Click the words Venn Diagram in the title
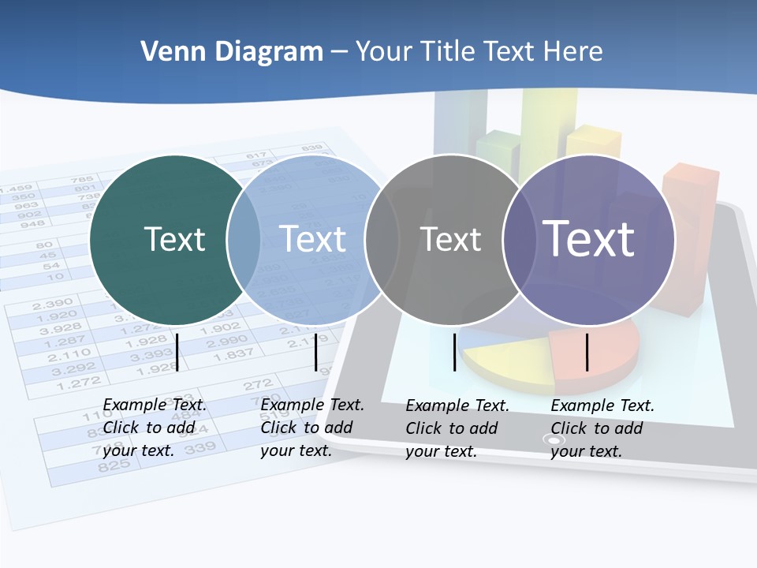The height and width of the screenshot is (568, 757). coord(232,52)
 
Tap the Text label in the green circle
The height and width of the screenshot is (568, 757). coord(174,239)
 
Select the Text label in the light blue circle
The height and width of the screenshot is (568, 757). coord(313,239)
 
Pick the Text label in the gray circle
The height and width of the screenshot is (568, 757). coord(450,239)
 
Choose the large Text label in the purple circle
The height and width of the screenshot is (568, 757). coord(589,238)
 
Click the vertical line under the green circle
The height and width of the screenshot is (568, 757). coord(177,352)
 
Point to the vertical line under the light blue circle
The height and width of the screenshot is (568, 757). coord(315,352)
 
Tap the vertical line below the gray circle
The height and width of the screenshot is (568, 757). coord(455,352)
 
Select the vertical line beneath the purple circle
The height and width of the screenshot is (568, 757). coord(587,352)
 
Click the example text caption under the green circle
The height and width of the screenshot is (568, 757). coord(155,428)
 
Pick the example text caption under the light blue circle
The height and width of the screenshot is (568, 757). coord(312,428)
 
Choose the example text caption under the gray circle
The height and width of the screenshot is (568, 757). coord(457,428)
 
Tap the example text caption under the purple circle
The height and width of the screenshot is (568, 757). coord(602,428)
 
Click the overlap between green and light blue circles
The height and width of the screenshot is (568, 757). coord(244,240)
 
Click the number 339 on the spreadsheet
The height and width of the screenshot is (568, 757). coord(200,449)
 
